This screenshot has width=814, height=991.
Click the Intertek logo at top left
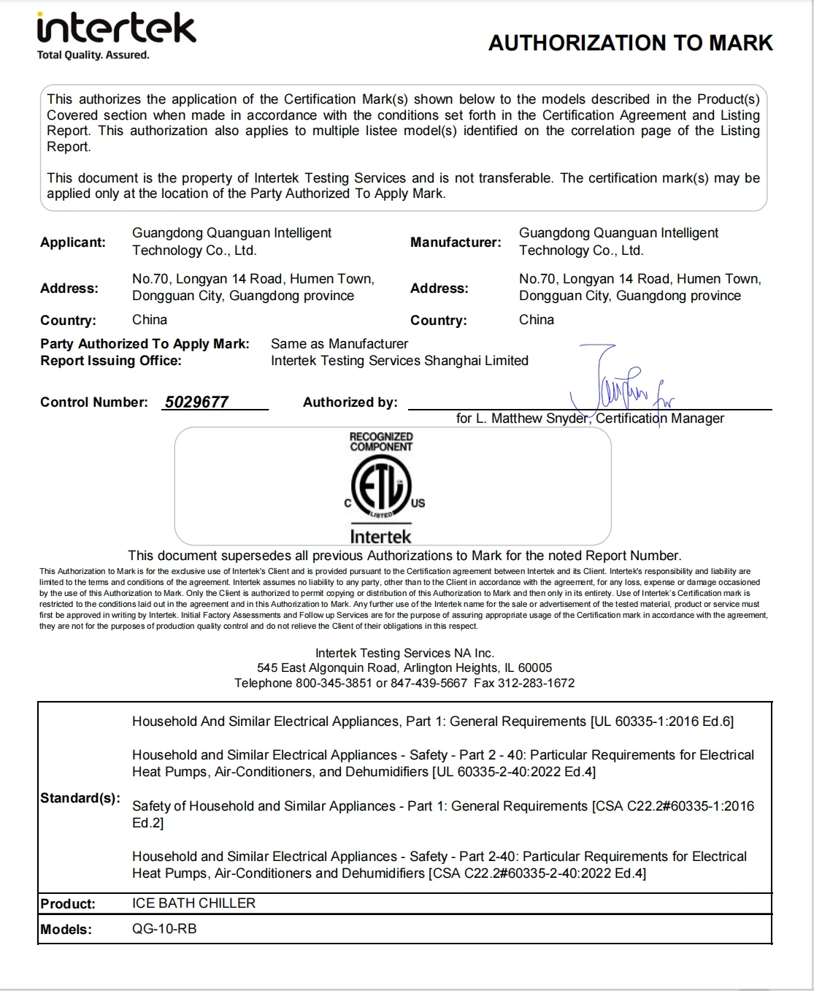point(116,31)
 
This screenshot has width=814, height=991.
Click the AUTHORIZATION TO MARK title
point(630,43)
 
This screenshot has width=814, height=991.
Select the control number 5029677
point(196,402)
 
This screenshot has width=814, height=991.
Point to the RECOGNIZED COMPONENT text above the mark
point(381,442)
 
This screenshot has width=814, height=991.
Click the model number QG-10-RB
point(164,929)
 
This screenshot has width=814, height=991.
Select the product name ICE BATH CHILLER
point(193,903)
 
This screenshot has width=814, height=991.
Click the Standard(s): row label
point(80,797)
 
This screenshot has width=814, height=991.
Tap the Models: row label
point(66,930)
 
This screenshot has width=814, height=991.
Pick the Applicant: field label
point(73,242)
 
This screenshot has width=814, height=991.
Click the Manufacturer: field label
point(456,242)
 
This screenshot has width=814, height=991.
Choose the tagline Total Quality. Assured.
point(93,56)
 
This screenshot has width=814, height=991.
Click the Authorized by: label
point(350,402)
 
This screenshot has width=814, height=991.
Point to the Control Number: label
point(93,402)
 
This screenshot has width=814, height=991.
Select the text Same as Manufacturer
point(339,344)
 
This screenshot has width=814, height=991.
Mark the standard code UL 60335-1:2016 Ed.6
point(661,722)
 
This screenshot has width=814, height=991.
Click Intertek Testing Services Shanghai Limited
point(399,361)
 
